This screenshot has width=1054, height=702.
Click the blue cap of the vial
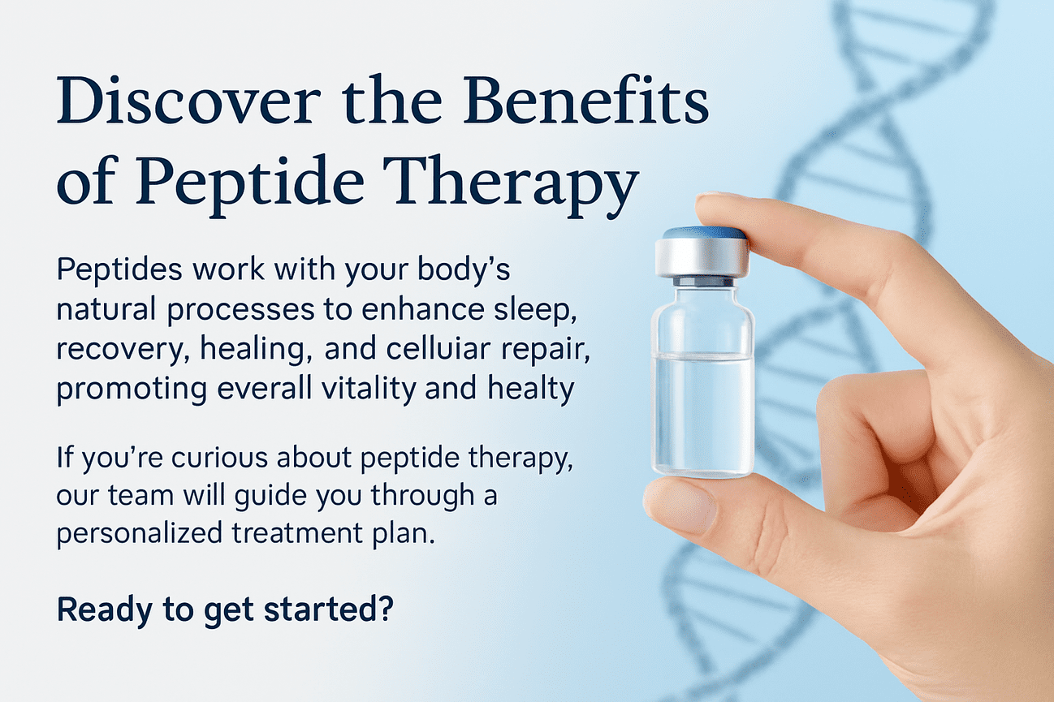(703, 233)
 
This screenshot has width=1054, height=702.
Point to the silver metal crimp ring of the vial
(702, 259)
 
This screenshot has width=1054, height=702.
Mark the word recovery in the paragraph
(101, 350)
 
